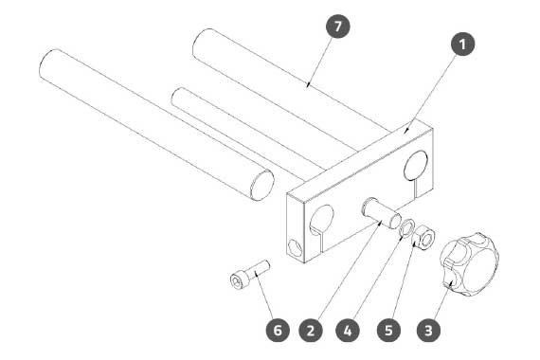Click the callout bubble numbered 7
click(x=338, y=27)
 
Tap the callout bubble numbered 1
click(x=462, y=44)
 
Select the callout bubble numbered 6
click(x=278, y=331)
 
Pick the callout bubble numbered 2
click(x=311, y=331)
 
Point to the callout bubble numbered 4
click(x=348, y=331)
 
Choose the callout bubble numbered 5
click(x=388, y=331)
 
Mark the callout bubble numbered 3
click(x=428, y=331)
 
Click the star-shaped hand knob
click(x=469, y=264)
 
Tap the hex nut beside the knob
click(x=423, y=237)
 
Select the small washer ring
click(x=407, y=228)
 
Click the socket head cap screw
click(x=250, y=273)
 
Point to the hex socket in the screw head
click(x=236, y=281)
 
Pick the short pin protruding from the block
click(x=381, y=212)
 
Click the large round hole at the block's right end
click(x=416, y=166)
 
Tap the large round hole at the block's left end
click(x=322, y=219)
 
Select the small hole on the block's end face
click(x=295, y=247)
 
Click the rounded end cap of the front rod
click(x=262, y=185)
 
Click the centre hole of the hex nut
click(x=427, y=239)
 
